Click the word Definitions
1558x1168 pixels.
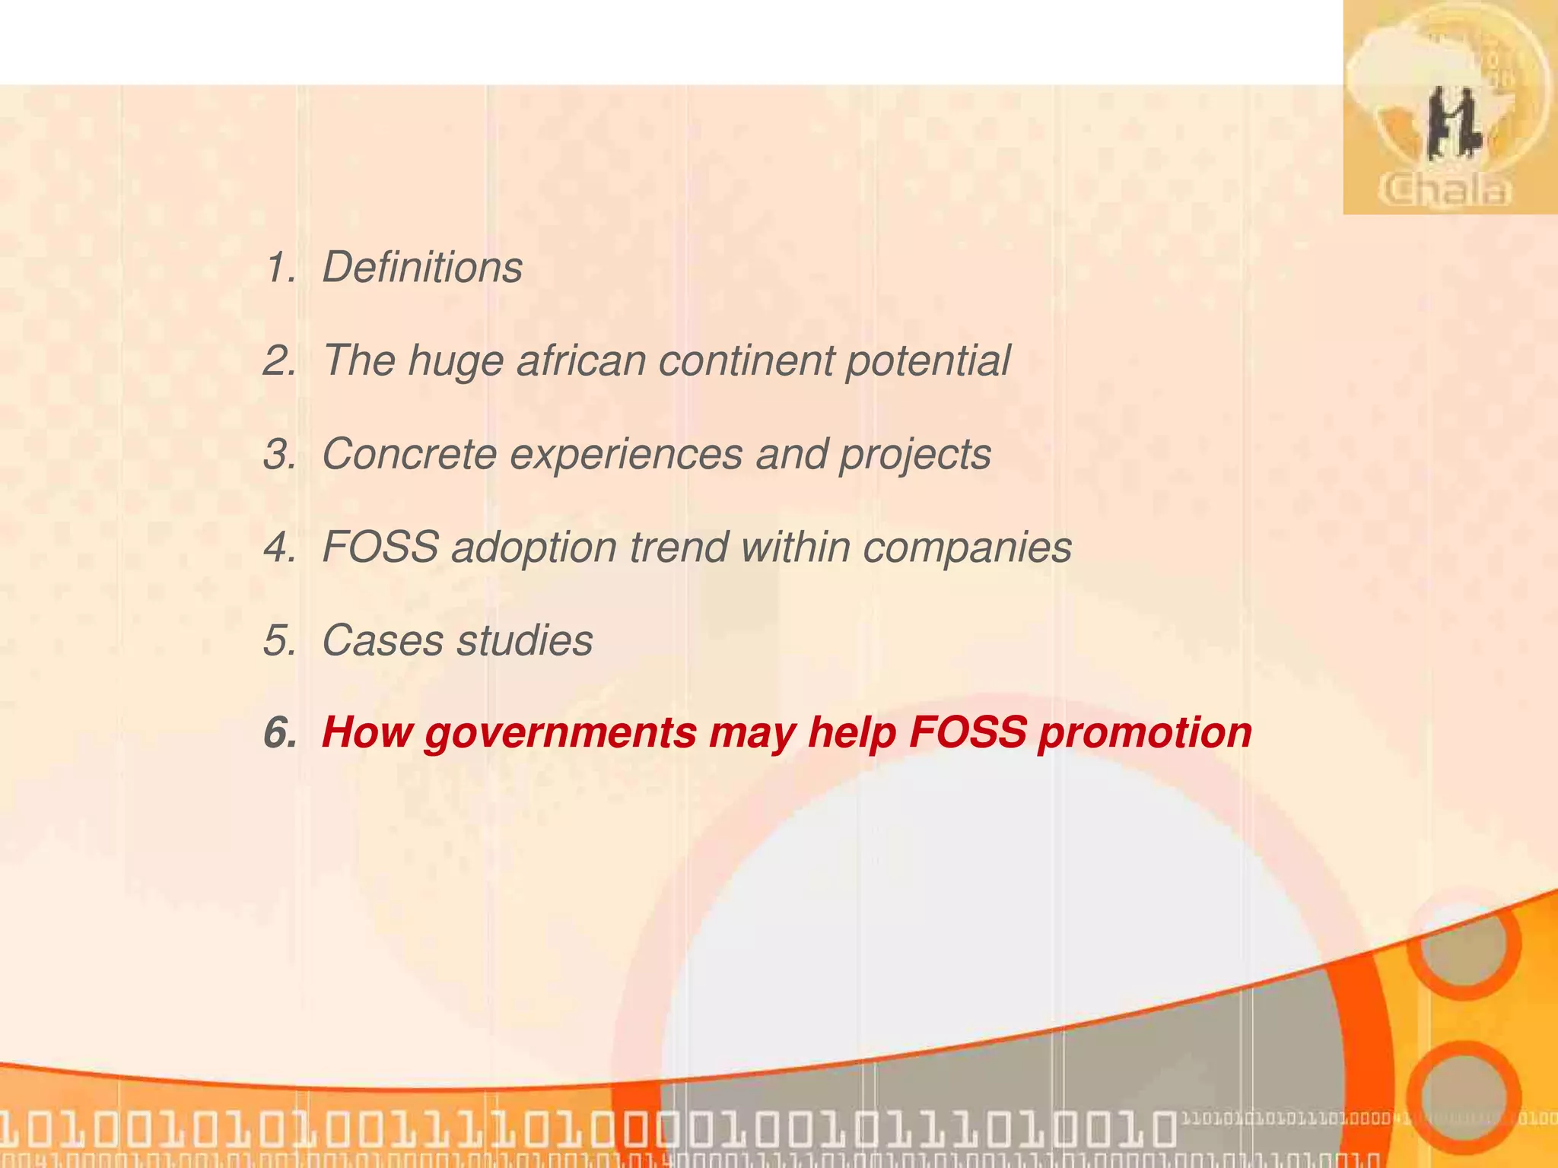click(x=422, y=268)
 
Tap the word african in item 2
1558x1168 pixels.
click(x=580, y=360)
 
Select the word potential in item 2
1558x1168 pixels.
click(x=927, y=360)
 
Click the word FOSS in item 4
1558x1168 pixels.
click(x=380, y=547)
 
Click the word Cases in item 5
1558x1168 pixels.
click(x=382, y=640)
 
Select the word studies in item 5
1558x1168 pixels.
click(x=524, y=640)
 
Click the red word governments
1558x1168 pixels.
click(x=560, y=734)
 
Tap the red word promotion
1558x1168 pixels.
click(x=1144, y=734)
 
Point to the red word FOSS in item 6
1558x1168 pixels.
click(x=967, y=732)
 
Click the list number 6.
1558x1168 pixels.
click(x=278, y=733)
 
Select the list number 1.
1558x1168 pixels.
click(x=278, y=268)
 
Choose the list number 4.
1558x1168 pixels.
click(x=278, y=547)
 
